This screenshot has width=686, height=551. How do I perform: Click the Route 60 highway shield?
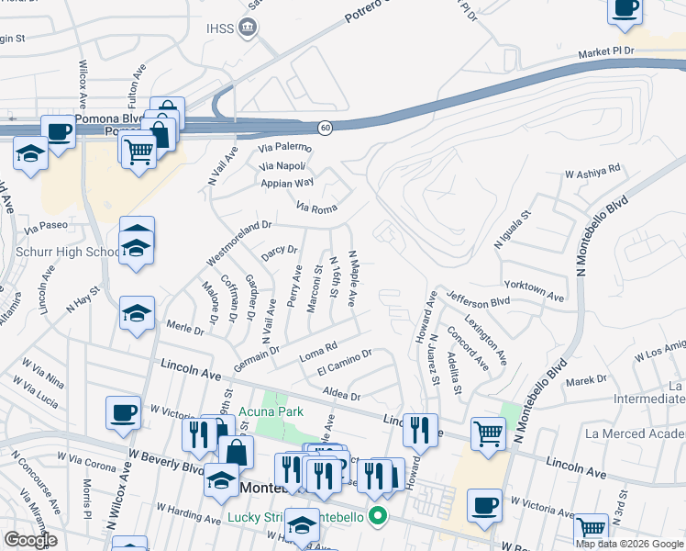pos(325,127)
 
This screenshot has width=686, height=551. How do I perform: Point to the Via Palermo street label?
pos(285,148)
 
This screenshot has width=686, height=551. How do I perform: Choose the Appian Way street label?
pos(288,183)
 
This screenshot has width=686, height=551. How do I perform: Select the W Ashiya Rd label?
pos(592,171)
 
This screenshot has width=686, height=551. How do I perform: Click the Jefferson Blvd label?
pos(478,300)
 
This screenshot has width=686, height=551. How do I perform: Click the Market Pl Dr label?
pos(606,51)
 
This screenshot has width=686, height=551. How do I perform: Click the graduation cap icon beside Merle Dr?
pos(137,314)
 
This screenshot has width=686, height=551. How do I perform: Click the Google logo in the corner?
pos(30,540)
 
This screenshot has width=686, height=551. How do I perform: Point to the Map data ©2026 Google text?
pos(630,544)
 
